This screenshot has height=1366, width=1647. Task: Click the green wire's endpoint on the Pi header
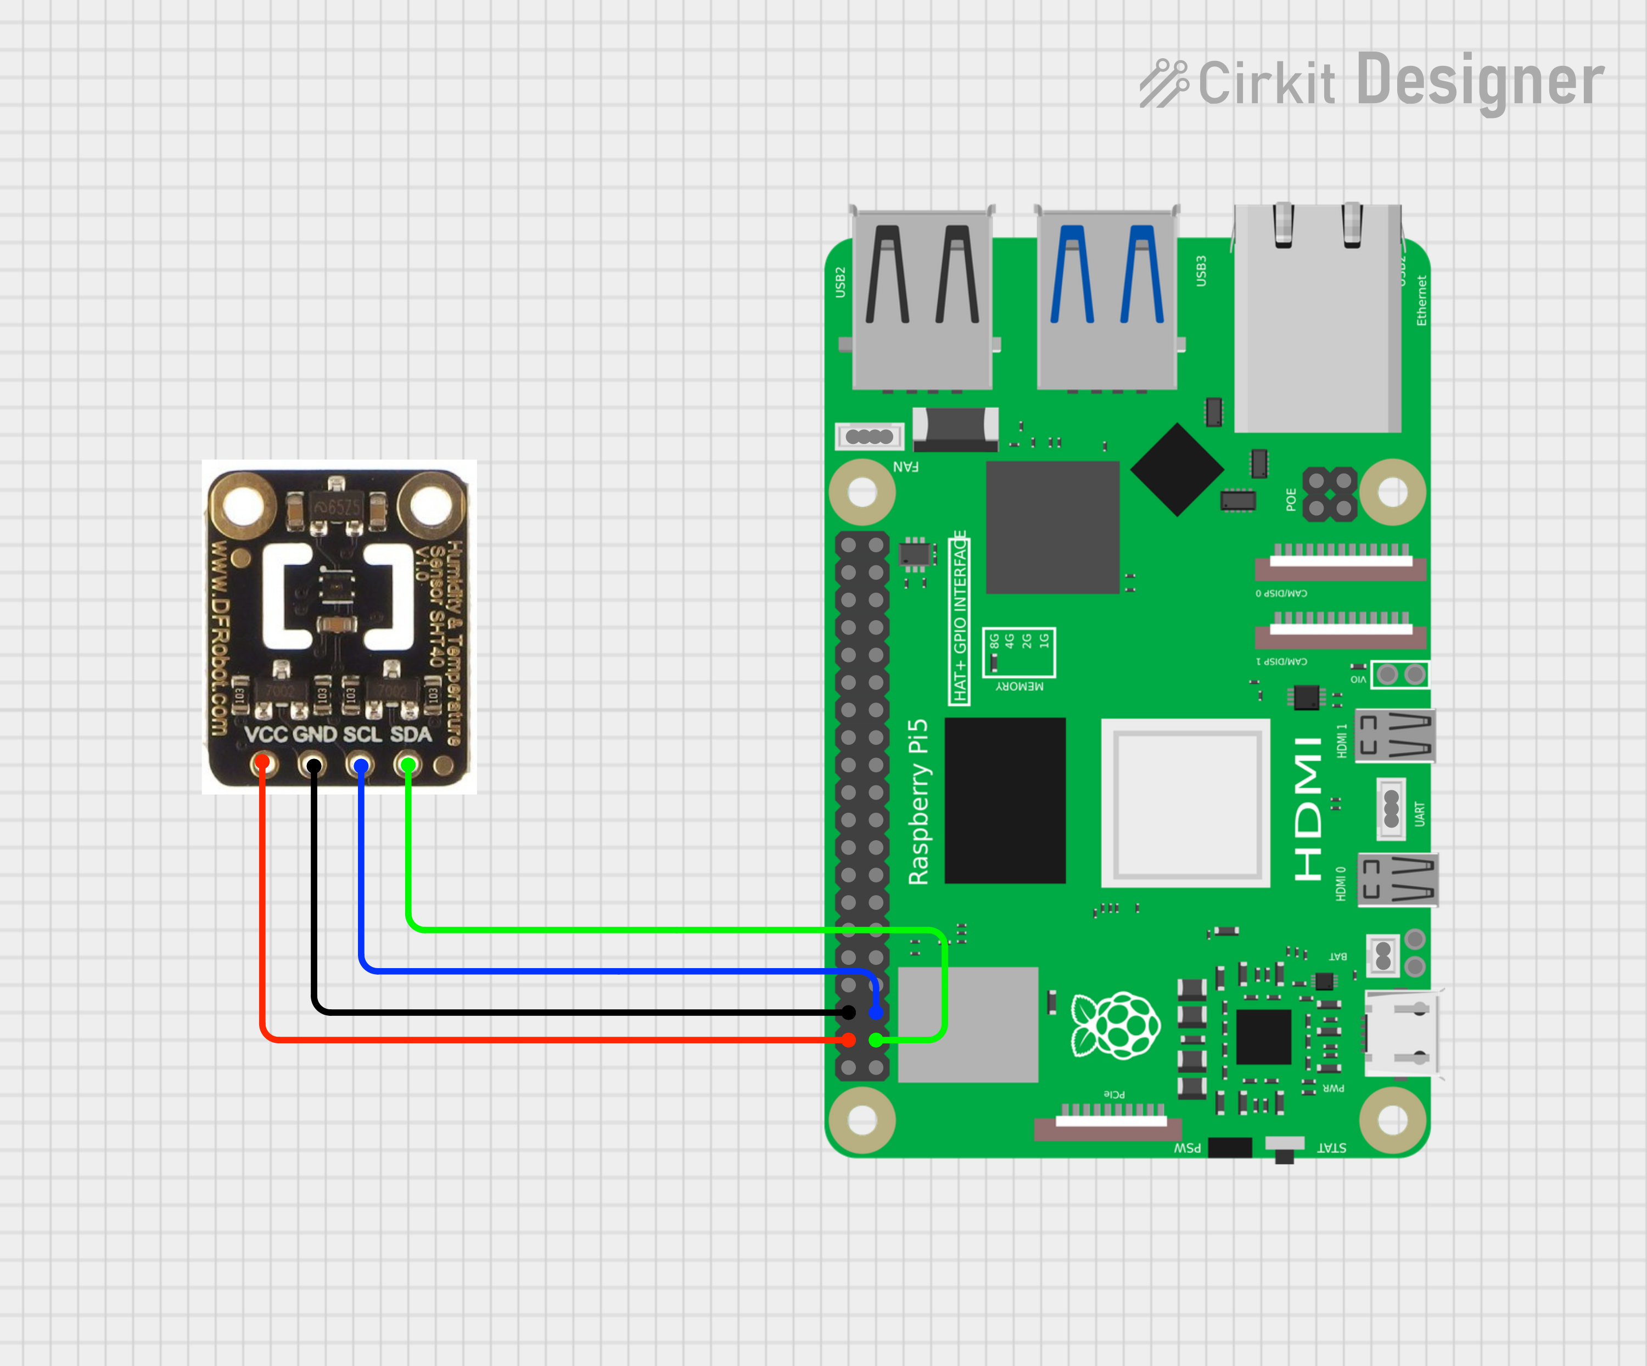coord(875,1040)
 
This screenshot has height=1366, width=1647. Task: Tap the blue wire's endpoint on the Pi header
coord(875,1013)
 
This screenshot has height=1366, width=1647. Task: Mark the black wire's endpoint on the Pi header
coord(848,1013)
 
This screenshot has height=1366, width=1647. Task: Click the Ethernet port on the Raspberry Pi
coord(1318,318)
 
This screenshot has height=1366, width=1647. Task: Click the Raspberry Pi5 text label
coord(918,801)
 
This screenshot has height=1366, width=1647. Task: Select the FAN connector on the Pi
coord(869,436)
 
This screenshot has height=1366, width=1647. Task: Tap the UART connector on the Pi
coord(1391,808)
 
